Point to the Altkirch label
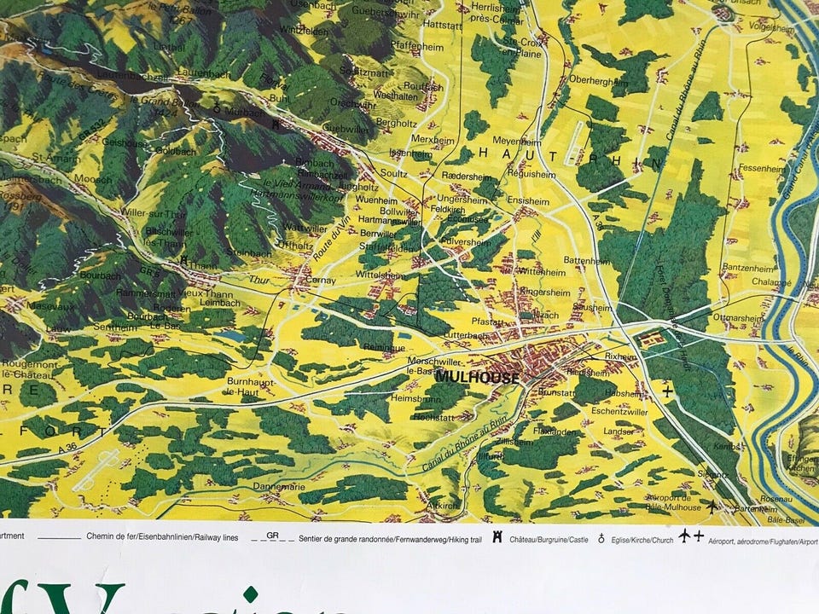click(x=442, y=505)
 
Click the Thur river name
click(x=258, y=279)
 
